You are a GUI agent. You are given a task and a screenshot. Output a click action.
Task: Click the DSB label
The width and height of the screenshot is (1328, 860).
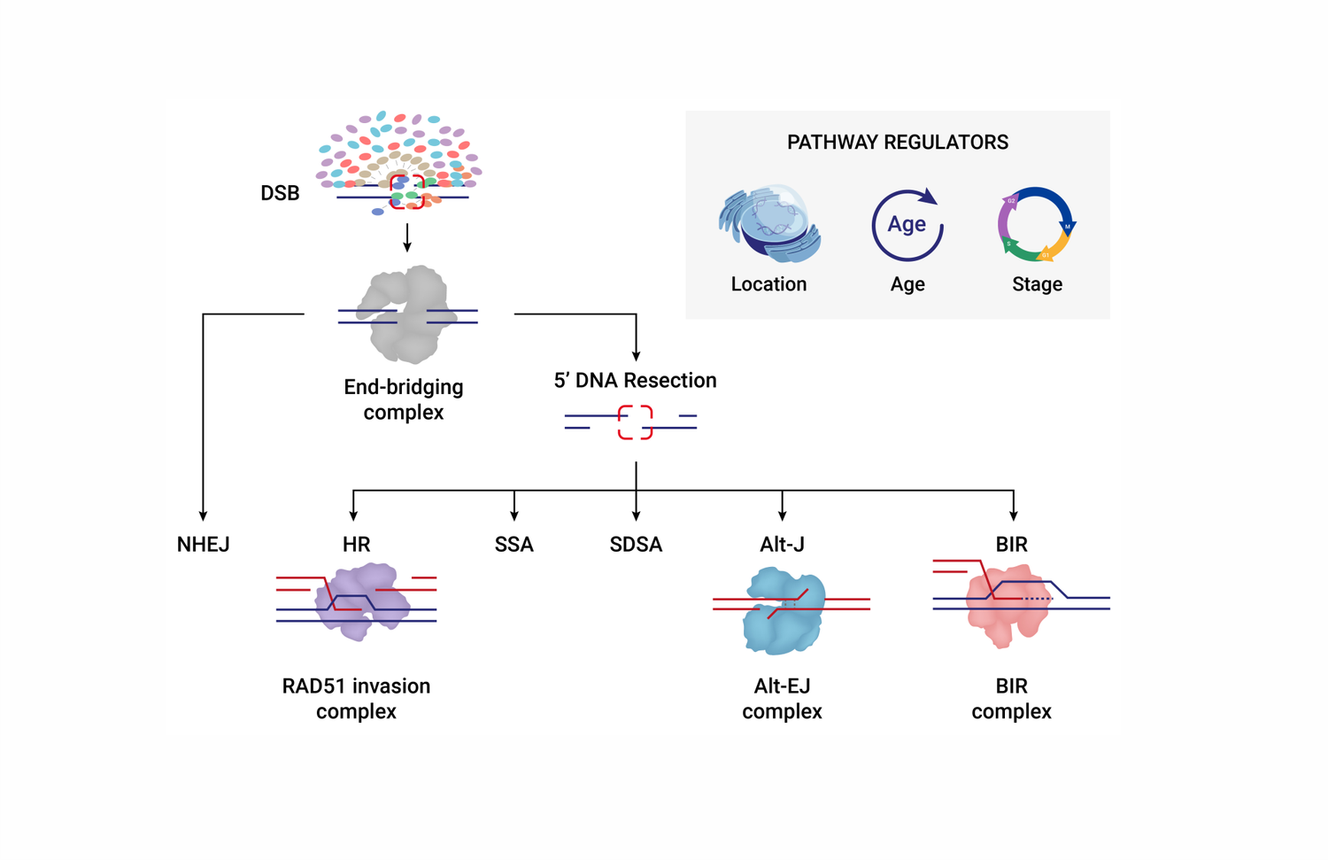(x=280, y=193)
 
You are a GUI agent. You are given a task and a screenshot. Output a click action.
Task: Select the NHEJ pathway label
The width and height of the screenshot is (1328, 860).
(x=203, y=544)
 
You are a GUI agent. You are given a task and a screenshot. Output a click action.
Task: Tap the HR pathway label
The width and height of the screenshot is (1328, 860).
(x=356, y=544)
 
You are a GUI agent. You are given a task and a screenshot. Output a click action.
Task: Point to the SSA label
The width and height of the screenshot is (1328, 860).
(x=514, y=544)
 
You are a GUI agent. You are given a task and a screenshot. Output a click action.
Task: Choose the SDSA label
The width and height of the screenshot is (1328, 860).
(x=636, y=544)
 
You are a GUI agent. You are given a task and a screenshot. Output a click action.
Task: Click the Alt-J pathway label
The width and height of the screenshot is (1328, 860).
(x=782, y=544)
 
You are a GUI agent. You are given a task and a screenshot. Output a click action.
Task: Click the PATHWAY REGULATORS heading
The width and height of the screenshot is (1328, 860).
(x=898, y=143)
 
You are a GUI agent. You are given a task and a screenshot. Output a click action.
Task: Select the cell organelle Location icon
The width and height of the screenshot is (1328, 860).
(x=769, y=223)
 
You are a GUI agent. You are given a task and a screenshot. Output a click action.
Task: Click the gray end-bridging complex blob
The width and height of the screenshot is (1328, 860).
(x=408, y=314)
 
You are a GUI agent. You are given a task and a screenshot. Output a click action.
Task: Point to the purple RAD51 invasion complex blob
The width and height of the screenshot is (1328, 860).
(x=361, y=601)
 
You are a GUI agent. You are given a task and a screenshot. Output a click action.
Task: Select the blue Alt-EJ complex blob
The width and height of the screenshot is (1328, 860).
(x=784, y=611)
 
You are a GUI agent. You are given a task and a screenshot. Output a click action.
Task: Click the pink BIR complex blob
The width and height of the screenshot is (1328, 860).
(x=1005, y=606)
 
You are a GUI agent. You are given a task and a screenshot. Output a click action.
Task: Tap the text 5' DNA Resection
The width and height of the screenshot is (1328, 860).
(x=635, y=380)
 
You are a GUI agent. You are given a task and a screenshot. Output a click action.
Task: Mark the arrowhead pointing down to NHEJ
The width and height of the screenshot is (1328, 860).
(x=203, y=516)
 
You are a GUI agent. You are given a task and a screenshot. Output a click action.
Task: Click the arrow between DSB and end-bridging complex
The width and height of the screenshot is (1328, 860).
(x=406, y=238)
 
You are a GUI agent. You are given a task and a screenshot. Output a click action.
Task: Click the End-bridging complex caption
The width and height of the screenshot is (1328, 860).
(x=404, y=399)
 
